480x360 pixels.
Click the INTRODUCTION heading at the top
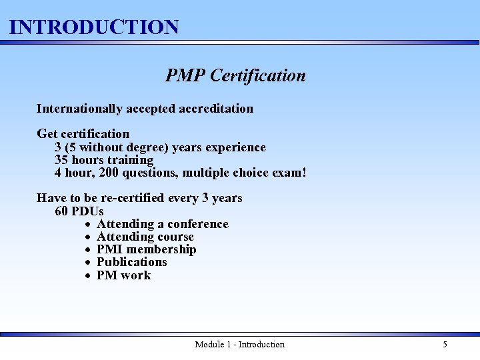pyautogui.click(x=94, y=27)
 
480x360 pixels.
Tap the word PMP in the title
pyautogui.click(x=185, y=76)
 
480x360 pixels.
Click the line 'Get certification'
pyautogui.click(x=83, y=134)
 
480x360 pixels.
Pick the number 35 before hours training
pyautogui.click(x=62, y=160)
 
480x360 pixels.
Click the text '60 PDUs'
pyautogui.click(x=79, y=211)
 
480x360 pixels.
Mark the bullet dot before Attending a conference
pyautogui.click(x=88, y=225)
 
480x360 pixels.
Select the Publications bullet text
pyautogui.click(x=132, y=262)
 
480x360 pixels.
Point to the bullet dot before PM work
pyautogui.click(x=88, y=276)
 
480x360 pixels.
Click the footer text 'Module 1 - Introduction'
pyautogui.click(x=239, y=345)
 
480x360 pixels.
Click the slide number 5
pyautogui.click(x=445, y=345)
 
